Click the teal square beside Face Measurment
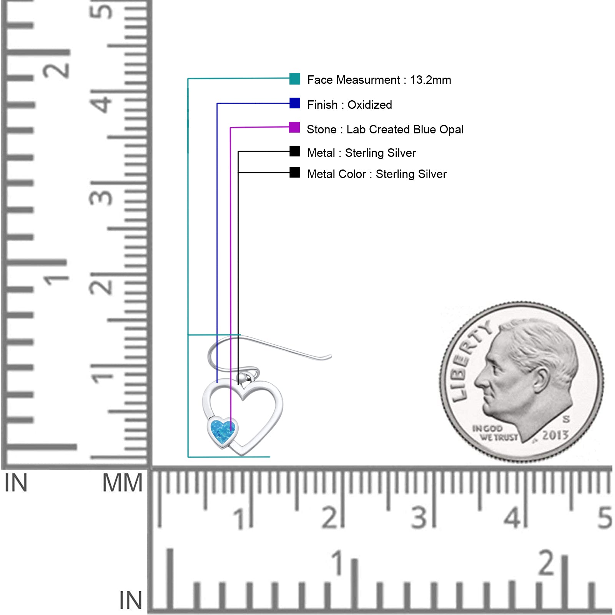coord(295,79)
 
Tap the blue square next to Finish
coord(295,103)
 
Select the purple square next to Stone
coord(294,127)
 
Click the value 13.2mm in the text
coord(430,80)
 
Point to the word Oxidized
coord(370,105)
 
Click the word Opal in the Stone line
coord(452,130)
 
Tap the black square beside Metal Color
coord(295,172)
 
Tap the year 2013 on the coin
coord(555,435)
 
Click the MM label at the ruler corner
coord(122,483)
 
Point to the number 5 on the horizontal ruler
coord(605,517)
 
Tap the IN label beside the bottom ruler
coord(131,600)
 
